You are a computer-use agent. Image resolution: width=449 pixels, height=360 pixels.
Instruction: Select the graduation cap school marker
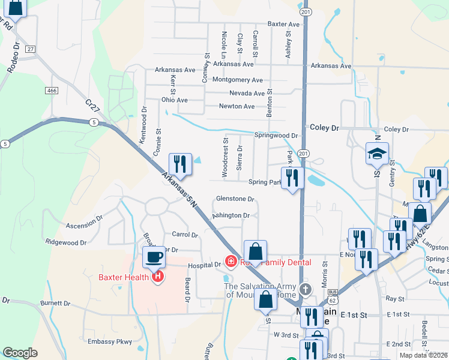pos(377,155)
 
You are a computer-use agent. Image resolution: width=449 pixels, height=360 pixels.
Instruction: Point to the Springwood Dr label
pos(276,136)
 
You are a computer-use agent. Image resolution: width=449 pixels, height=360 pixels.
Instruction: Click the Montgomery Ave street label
pos(238,80)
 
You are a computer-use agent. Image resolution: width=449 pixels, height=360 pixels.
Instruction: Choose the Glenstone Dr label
pos(235,199)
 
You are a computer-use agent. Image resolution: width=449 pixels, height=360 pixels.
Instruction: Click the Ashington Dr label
pos(231,215)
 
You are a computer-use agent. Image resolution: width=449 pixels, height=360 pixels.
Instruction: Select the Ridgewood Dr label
pos(66,242)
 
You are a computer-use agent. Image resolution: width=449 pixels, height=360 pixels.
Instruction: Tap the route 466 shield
pos(51,90)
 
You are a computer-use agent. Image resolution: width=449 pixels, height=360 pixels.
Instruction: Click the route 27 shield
pos(31,49)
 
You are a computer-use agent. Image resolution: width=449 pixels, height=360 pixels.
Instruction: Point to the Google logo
pos(20,353)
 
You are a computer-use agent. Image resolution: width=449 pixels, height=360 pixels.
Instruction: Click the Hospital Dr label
pos(205,265)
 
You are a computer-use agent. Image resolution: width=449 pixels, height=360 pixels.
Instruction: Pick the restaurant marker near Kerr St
pos(180,164)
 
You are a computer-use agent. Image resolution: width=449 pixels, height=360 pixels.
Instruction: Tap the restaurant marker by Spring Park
pos(292,178)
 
